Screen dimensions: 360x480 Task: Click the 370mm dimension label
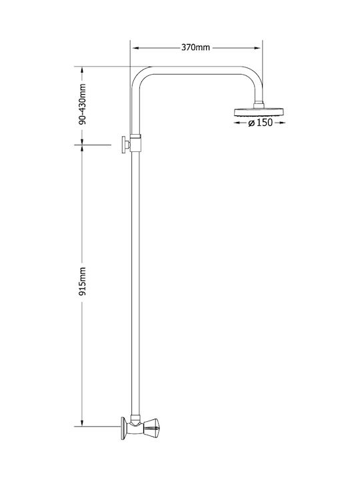(195, 47)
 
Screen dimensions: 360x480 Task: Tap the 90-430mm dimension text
(82, 104)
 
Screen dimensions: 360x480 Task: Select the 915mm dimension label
(82, 281)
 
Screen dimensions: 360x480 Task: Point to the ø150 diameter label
(260, 123)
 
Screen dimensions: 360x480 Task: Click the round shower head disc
(259, 111)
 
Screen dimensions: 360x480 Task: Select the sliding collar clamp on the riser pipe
(135, 143)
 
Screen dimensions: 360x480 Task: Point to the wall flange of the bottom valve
(124, 428)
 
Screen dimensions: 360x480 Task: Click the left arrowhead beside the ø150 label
(237, 123)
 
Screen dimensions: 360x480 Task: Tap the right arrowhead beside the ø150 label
(282, 123)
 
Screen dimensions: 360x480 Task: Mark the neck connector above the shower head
(259, 105)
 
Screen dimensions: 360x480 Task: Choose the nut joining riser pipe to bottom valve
(135, 418)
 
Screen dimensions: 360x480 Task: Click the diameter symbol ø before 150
(251, 123)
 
